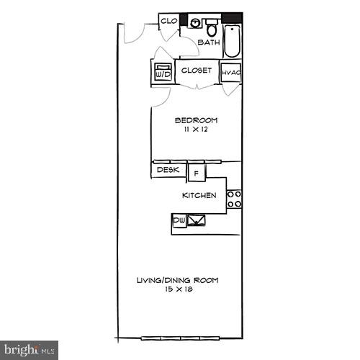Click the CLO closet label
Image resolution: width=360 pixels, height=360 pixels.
pyautogui.click(x=168, y=21)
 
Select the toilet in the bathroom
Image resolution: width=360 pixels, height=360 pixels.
pyautogui.click(x=212, y=29)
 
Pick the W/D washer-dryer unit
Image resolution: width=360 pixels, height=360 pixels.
pyautogui.click(x=162, y=73)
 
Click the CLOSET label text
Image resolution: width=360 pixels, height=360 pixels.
pyautogui.click(x=196, y=71)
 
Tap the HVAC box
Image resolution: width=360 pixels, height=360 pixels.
pyautogui.click(x=230, y=73)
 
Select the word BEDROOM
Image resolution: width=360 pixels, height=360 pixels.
pyautogui.click(x=196, y=120)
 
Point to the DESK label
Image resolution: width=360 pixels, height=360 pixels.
pyautogui.click(x=168, y=171)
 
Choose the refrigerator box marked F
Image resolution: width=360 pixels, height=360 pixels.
pyautogui.click(x=196, y=173)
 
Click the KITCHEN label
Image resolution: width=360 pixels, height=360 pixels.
pyautogui.click(x=199, y=195)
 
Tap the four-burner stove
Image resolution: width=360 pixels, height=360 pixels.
pyautogui.click(x=234, y=199)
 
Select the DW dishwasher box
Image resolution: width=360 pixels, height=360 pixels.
pyautogui.click(x=179, y=220)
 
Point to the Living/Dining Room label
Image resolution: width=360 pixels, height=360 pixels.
pyautogui.click(x=177, y=280)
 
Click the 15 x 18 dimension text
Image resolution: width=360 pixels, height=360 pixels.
pyautogui.click(x=177, y=289)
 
